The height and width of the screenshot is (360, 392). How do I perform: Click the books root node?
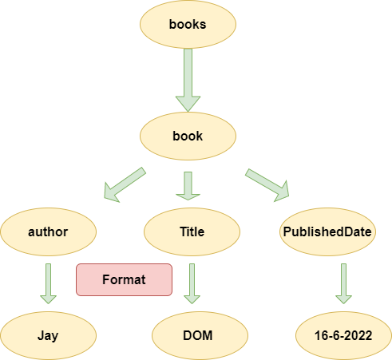click(188, 24)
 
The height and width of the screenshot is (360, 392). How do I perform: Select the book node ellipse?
click(188, 136)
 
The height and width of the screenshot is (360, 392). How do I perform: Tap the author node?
click(49, 231)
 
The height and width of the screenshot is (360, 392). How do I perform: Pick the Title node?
click(192, 231)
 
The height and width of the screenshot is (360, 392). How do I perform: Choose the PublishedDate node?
click(327, 231)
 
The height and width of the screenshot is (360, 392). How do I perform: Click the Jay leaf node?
click(49, 335)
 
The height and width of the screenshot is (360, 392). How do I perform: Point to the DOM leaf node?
click(200, 335)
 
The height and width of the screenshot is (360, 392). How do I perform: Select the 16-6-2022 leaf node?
click(343, 335)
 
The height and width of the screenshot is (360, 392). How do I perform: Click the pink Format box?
click(124, 279)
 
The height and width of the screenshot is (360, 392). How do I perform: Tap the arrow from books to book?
click(188, 80)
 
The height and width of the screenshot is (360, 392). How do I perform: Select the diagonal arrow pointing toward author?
click(125, 185)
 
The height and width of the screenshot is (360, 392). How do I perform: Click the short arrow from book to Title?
click(188, 186)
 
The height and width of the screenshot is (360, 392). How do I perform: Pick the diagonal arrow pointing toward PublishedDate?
click(267, 185)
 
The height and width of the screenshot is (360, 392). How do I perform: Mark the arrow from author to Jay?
click(48, 283)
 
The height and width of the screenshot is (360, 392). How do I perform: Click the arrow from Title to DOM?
click(192, 283)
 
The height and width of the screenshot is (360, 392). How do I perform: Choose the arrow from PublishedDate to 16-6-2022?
click(343, 283)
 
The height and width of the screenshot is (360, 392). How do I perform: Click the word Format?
click(124, 279)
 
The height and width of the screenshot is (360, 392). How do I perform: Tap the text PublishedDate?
click(327, 231)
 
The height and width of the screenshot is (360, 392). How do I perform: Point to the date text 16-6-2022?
click(343, 335)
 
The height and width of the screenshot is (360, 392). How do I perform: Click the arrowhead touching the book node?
click(188, 104)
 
